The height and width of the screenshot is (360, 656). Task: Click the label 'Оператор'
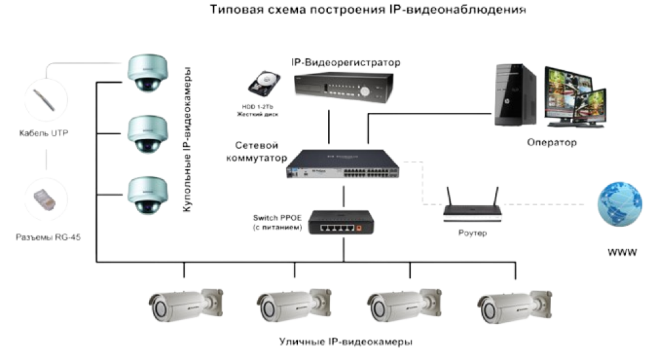[x=552, y=142]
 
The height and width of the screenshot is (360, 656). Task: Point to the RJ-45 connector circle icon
[x=46, y=197]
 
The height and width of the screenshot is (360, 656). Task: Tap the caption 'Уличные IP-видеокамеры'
[x=346, y=342]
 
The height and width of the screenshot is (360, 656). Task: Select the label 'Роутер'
[x=472, y=233]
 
